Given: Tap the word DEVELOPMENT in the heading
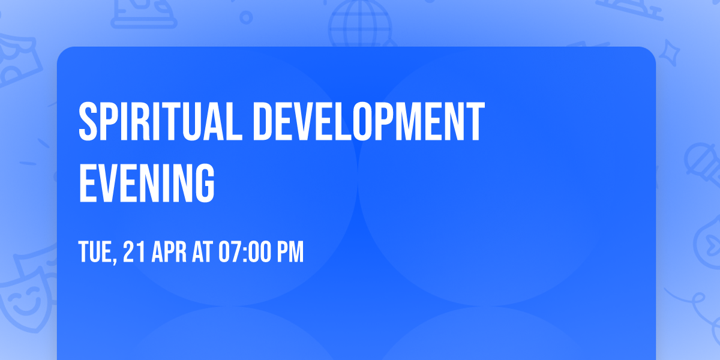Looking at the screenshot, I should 368,122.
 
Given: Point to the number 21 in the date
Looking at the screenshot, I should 133,252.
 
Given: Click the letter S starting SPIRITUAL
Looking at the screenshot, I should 88,122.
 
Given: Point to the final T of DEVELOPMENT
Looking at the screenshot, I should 476,122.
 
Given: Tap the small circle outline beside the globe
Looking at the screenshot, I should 246,18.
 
